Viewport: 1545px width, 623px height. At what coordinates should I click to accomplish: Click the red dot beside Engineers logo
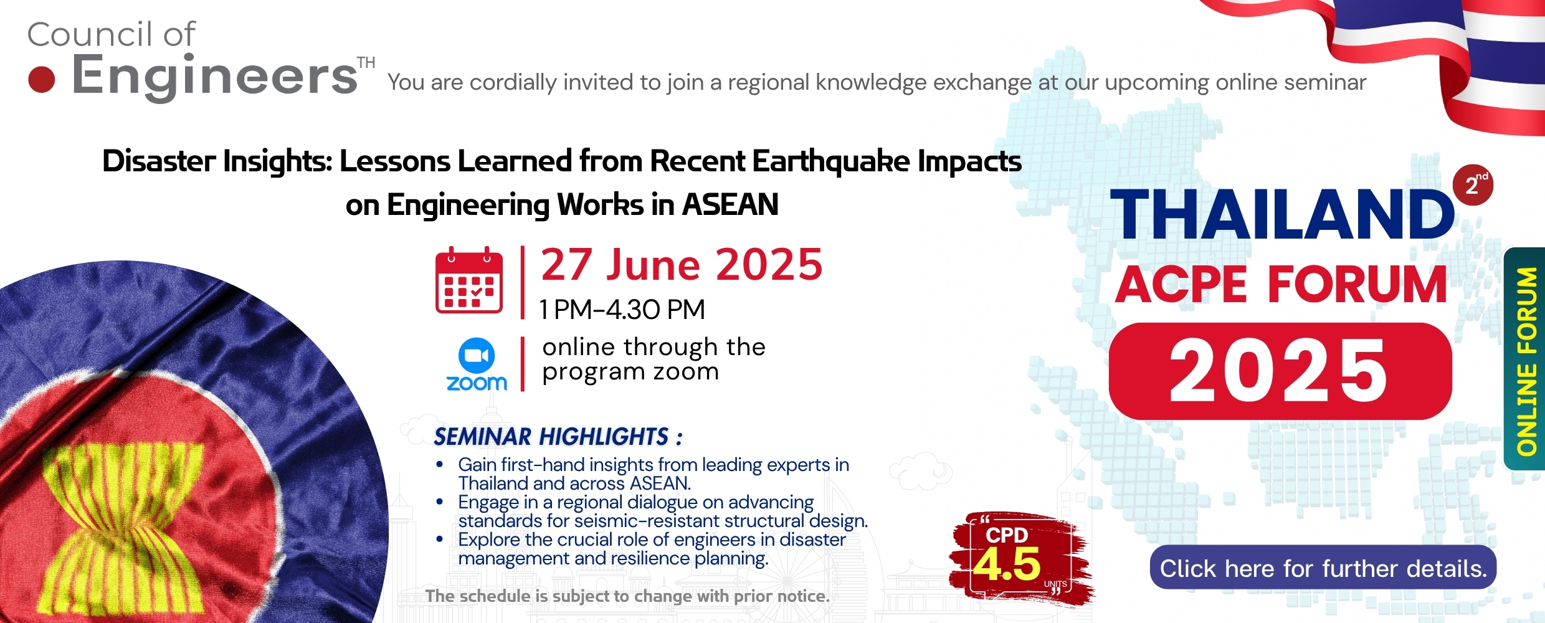click(x=42, y=80)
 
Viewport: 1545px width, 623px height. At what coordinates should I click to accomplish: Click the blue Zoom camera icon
click(x=477, y=355)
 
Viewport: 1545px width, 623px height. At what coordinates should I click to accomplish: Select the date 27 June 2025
click(x=682, y=265)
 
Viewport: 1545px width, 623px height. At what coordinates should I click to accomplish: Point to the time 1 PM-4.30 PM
click(x=622, y=310)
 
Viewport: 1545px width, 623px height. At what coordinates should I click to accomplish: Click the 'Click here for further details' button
click(x=1323, y=568)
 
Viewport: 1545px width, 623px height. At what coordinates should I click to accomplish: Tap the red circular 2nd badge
click(x=1473, y=185)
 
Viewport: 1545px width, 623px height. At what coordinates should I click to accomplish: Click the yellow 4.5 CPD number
click(x=1007, y=564)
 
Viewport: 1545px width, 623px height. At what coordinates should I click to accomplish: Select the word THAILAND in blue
click(x=1282, y=214)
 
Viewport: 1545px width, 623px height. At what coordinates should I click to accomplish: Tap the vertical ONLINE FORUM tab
click(x=1525, y=359)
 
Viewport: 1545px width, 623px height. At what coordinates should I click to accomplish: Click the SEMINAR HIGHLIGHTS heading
click(x=558, y=437)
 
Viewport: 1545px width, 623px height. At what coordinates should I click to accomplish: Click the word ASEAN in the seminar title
click(x=730, y=204)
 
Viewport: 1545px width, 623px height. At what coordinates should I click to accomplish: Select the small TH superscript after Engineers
click(x=366, y=63)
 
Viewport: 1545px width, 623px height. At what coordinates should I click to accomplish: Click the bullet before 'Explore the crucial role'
click(x=440, y=540)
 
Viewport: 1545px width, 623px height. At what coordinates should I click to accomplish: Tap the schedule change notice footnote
click(x=627, y=596)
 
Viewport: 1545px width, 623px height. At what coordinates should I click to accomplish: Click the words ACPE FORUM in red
click(x=1281, y=284)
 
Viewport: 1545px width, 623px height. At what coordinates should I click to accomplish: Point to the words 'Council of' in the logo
click(x=112, y=34)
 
